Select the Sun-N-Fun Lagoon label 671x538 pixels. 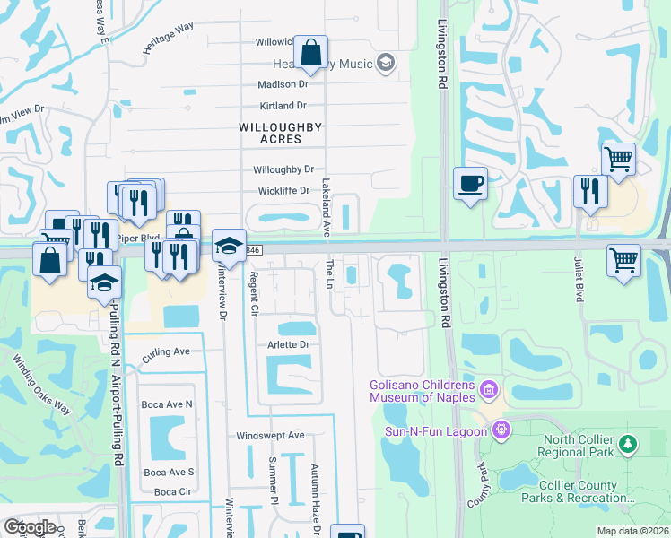pyautogui.click(x=436, y=430)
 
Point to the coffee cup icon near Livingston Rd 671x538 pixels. pyautogui.click(x=471, y=185)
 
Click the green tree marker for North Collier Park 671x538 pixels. pyautogui.click(x=629, y=444)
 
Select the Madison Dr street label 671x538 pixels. pyautogui.click(x=283, y=84)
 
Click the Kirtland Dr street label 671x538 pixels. pyautogui.click(x=283, y=106)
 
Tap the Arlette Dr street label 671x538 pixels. pyautogui.click(x=288, y=344)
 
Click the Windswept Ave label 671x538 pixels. pyautogui.click(x=270, y=436)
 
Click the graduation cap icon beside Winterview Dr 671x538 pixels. pyautogui.click(x=230, y=246)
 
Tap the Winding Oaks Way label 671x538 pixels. pyautogui.click(x=41, y=386)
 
